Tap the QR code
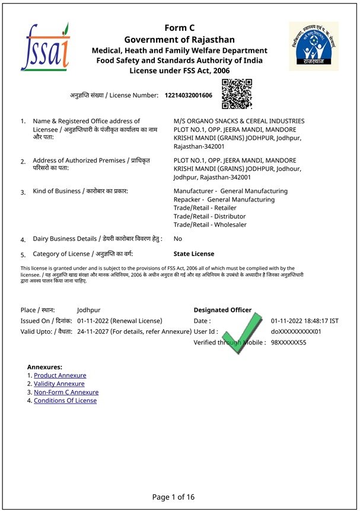237,94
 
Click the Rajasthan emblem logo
313,46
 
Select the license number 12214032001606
188,95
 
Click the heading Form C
179,28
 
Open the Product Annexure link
60,375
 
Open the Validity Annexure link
59,384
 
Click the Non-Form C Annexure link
66,392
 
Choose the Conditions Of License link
65,400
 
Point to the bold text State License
194,254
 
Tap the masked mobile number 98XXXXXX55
289,343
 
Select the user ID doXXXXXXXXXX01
296,332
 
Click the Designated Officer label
222,310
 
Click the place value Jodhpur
89,310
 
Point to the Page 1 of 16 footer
173,497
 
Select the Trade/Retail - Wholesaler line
210,225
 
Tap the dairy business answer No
178,238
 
